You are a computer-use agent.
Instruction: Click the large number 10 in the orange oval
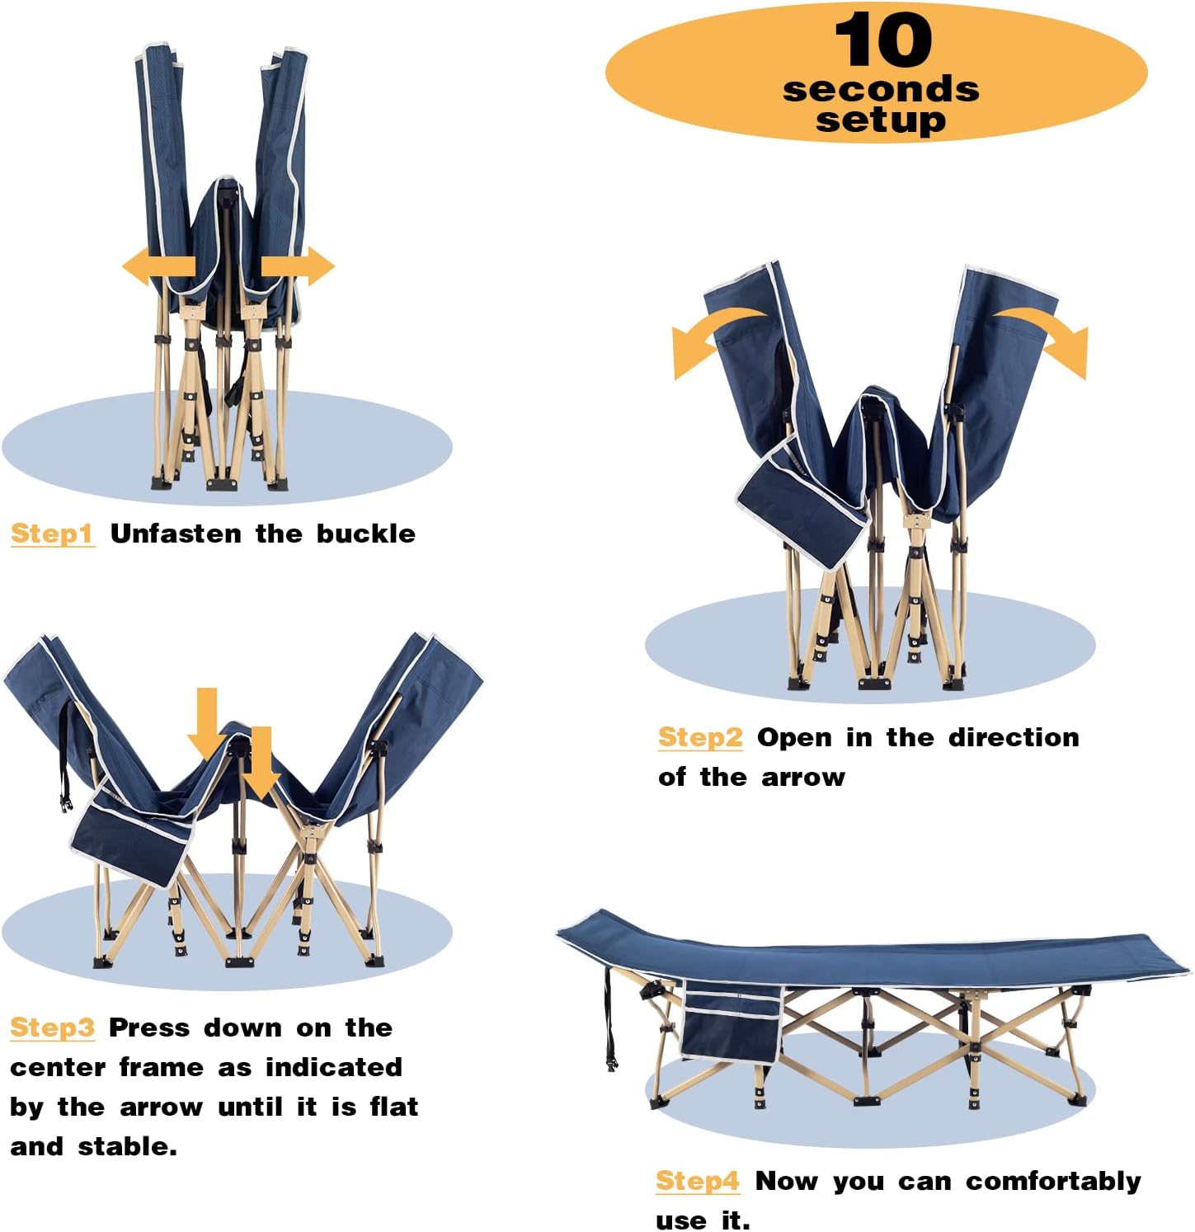[882, 40]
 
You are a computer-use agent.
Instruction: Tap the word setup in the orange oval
[881, 120]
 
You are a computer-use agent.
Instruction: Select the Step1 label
[52, 534]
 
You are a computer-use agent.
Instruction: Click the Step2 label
[700, 737]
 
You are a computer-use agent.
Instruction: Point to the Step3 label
[52, 1027]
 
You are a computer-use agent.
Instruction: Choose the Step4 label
[698, 1181]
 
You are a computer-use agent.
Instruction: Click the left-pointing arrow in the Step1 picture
[158, 266]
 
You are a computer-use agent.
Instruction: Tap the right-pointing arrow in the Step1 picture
[298, 266]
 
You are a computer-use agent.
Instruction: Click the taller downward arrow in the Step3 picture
[207, 722]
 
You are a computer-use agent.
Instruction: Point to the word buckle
[366, 534]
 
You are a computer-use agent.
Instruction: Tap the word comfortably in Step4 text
[1053, 1182]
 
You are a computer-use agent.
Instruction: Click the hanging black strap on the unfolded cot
[609, 1018]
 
